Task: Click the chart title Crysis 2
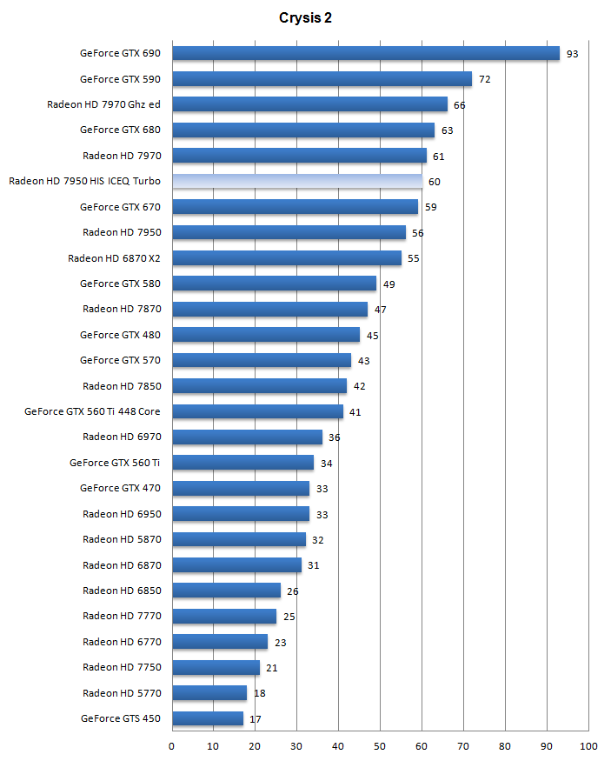point(304,17)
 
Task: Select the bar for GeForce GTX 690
point(365,53)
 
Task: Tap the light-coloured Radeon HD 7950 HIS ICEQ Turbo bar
point(296,181)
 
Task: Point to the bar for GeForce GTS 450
point(207,718)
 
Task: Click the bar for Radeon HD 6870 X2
point(286,257)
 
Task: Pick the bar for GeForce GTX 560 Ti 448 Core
point(257,411)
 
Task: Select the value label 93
point(572,54)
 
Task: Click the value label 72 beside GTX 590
point(485,79)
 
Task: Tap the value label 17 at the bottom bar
point(256,719)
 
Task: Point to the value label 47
point(380,310)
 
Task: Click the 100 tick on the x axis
point(588,746)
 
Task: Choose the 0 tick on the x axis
point(172,746)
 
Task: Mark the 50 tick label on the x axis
point(380,746)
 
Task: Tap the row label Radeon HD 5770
point(122,693)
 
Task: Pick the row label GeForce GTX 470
point(120,488)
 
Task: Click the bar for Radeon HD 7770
point(224,616)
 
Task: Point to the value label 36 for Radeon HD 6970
point(334,437)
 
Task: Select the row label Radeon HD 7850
point(122,385)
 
